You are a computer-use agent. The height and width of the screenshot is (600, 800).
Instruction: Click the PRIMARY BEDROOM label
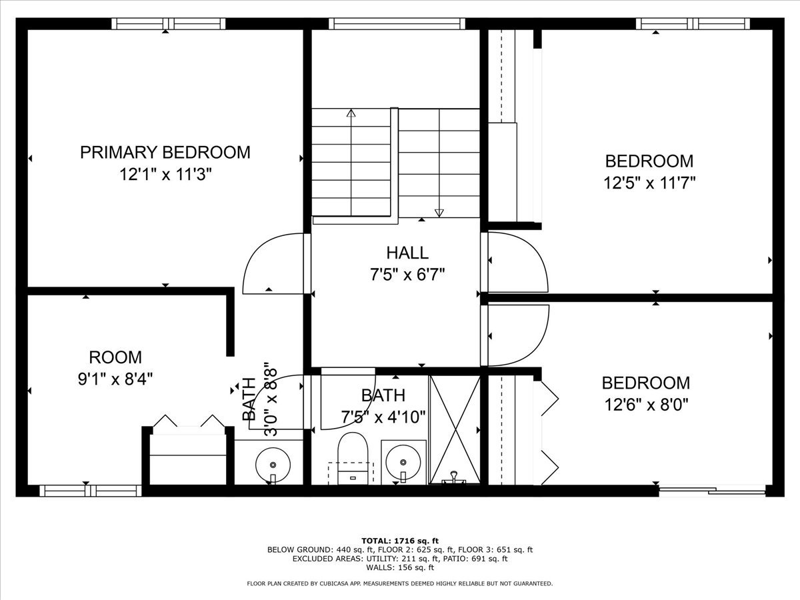165,152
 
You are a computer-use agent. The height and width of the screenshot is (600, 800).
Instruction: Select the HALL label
407,253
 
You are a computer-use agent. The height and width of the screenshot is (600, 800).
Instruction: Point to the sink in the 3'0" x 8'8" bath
273,461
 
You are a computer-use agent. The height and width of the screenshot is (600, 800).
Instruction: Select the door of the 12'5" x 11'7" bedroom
517,261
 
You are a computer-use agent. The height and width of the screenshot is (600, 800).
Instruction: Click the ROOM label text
115,357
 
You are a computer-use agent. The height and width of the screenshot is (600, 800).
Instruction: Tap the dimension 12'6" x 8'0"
645,404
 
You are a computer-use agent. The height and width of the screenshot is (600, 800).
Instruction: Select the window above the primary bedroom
168,24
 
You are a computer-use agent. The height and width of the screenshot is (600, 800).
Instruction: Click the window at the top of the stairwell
397,24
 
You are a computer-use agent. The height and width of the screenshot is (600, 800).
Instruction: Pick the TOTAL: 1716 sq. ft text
400,541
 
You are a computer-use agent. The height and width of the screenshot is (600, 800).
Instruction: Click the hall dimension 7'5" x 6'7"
407,274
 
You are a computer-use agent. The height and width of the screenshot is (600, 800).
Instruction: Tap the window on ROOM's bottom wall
91,491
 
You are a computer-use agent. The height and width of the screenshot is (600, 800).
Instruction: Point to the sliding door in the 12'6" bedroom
712,491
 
